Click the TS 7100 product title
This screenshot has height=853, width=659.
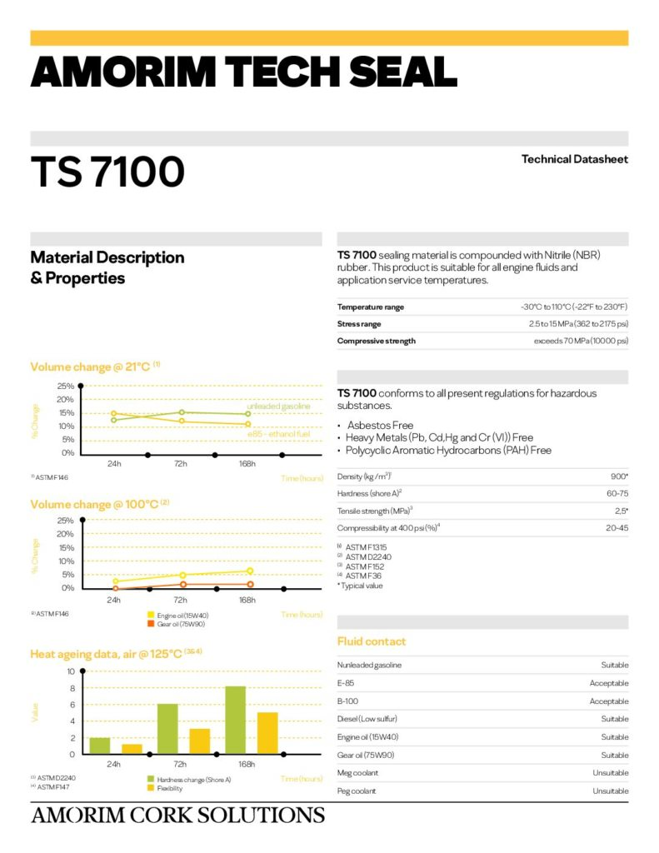pyautogui.click(x=107, y=172)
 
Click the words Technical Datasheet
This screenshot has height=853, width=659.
pyautogui.click(x=574, y=159)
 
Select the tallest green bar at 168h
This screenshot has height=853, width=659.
pyautogui.click(x=235, y=720)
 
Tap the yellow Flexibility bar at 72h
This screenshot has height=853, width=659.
pyautogui.click(x=199, y=741)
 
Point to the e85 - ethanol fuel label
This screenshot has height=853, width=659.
pyautogui.click(x=278, y=434)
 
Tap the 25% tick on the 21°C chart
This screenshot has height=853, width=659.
pyautogui.click(x=65, y=387)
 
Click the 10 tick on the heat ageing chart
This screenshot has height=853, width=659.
pyautogui.click(x=71, y=671)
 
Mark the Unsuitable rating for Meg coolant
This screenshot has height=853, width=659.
pyautogui.click(x=610, y=773)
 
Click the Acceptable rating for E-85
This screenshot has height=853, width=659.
pyautogui.click(x=609, y=683)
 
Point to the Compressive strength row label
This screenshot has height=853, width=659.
pyautogui.click(x=376, y=341)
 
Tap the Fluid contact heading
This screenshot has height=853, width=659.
pyautogui.click(x=372, y=641)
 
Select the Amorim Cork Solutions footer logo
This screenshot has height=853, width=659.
pyautogui.click(x=177, y=815)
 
